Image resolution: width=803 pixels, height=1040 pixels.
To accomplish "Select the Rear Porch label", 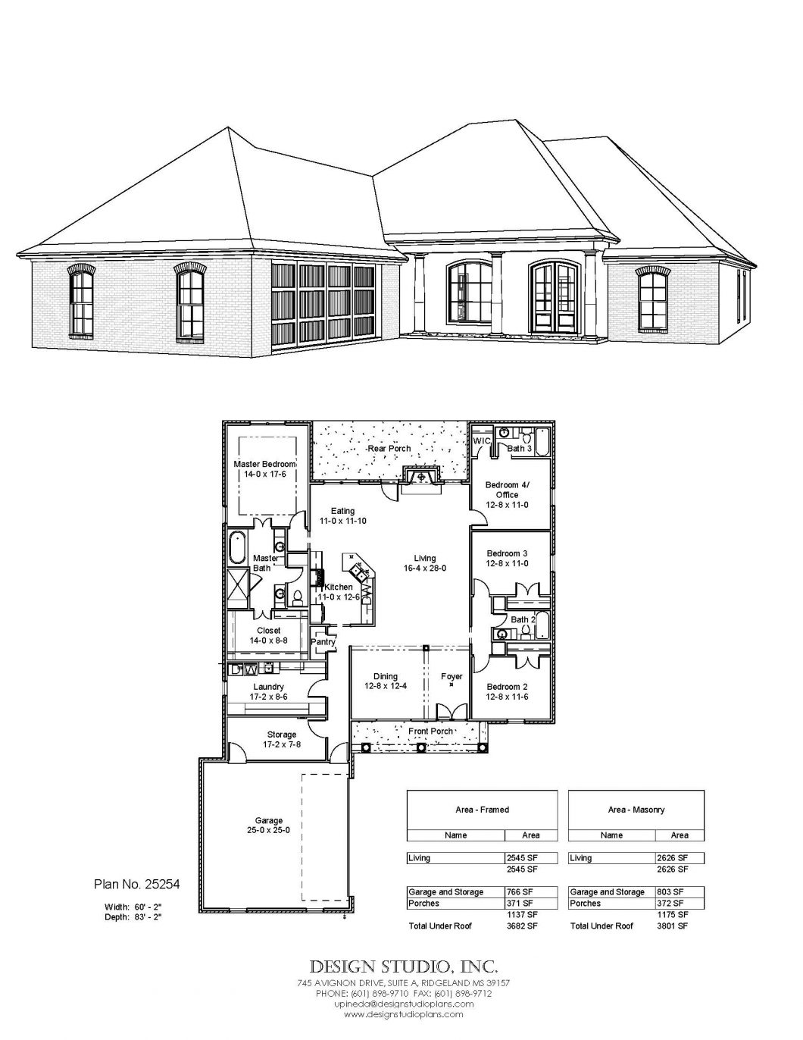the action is point(389,449).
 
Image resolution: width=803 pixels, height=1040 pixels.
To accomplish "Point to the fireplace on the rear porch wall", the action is point(420,478).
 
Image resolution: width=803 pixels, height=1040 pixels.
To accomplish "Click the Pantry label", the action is point(323,642).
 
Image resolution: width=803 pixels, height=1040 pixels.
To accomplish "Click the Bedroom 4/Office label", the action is point(507,495).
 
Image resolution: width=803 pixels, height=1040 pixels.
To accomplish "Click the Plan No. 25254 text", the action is point(137,884).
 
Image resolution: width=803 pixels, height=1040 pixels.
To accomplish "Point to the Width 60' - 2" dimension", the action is point(133,907).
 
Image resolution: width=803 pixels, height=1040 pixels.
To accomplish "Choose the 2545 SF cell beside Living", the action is point(522,858).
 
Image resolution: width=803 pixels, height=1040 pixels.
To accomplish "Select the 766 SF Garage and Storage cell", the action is point(520,892).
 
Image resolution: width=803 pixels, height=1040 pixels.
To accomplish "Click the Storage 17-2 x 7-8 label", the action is point(281,739).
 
